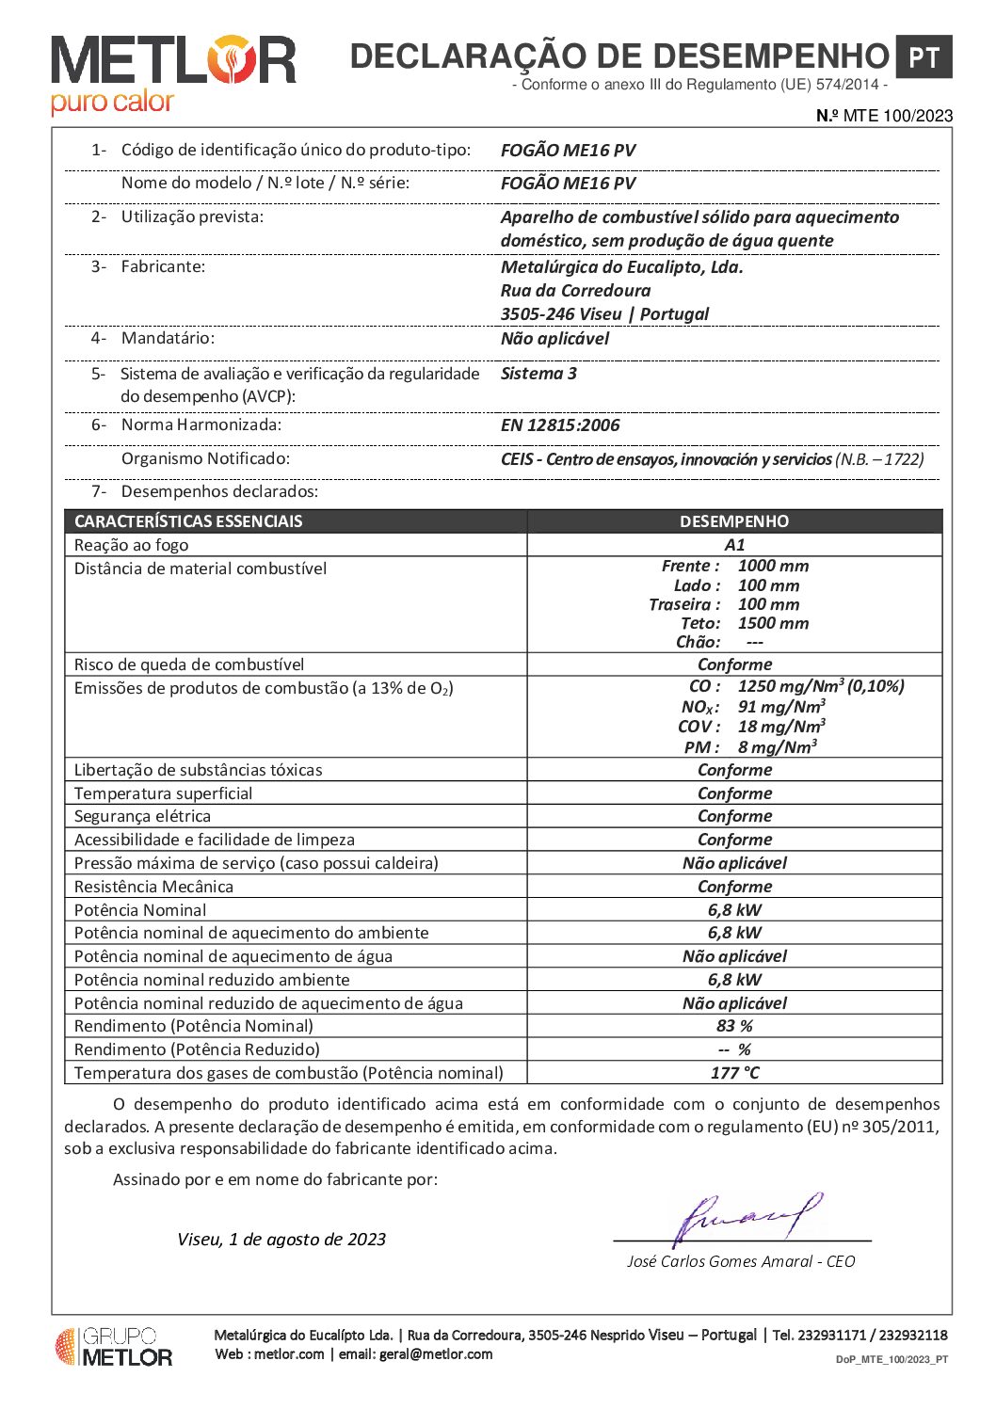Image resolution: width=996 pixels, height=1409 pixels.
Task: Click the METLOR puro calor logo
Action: click(x=173, y=74)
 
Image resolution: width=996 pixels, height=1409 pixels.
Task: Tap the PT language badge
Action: click(x=923, y=57)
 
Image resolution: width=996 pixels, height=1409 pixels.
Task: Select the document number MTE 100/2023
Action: click(x=884, y=116)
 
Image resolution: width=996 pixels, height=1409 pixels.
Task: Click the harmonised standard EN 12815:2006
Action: click(x=560, y=425)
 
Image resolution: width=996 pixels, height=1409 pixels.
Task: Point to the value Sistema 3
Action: click(x=538, y=374)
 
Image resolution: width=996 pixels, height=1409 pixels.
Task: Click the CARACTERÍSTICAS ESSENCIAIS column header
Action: click(x=188, y=521)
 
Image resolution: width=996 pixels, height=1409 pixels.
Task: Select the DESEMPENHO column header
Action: click(x=734, y=521)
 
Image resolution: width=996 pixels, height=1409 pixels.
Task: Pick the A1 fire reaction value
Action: click(x=734, y=545)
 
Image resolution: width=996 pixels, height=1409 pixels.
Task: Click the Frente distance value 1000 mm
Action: click(x=773, y=566)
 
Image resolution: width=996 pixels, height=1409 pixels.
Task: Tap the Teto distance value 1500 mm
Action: click(x=773, y=623)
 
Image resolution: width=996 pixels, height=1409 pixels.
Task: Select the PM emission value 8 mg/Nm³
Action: click(x=777, y=747)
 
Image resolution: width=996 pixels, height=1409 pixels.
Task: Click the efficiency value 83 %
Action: click(x=734, y=1026)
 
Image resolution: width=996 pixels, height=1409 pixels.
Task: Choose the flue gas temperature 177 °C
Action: click(x=734, y=1073)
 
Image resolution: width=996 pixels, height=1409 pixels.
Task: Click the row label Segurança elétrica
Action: click(x=142, y=816)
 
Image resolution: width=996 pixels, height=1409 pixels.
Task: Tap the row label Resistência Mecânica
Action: click(x=153, y=887)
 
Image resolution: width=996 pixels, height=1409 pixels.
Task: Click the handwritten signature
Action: click(x=748, y=1218)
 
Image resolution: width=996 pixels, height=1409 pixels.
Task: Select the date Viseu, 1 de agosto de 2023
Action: click(x=281, y=1240)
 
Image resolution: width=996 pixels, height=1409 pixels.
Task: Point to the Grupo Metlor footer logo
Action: click(x=114, y=1347)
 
